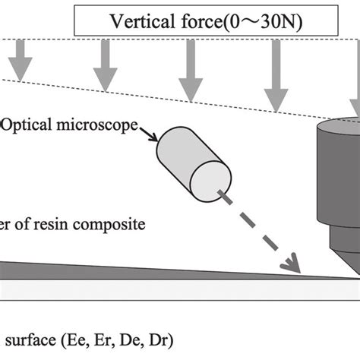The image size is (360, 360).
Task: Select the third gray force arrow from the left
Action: coord(187,80)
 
